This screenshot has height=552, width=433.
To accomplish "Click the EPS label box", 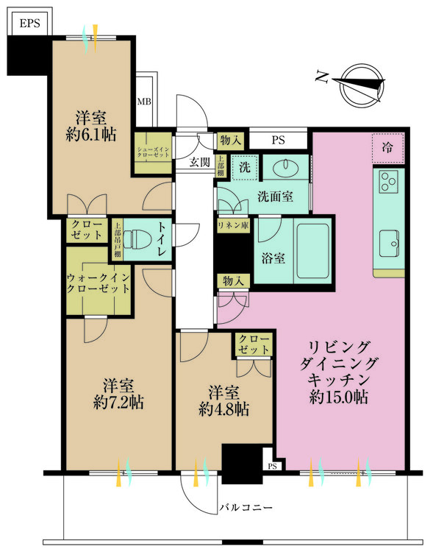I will tap(29, 23).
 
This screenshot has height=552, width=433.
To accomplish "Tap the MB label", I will tap(144, 102).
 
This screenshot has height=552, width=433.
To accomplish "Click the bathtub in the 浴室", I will tap(312, 250).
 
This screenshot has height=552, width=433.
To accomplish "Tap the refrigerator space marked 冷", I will tap(387, 146).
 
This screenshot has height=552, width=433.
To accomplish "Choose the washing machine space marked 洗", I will tap(244, 168).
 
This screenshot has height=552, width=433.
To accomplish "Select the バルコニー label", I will tap(246, 509).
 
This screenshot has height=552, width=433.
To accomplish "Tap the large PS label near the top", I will tap(278, 139).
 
